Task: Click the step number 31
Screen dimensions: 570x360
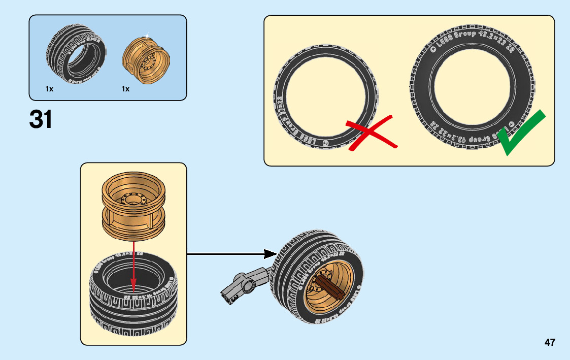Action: pyautogui.click(x=41, y=120)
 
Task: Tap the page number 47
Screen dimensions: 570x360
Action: pyautogui.click(x=550, y=342)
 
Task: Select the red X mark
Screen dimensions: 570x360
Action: pyautogui.click(x=371, y=133)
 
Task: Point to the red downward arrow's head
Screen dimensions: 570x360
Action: pyautogui.click(x=133, y=286)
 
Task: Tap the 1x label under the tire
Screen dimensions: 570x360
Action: pyautogui.click(x=49, y=89)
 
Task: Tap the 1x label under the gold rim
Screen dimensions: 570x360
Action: pyautogui.click(x=125, y=89)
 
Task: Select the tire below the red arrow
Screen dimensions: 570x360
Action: pyautogui.click(x=133, y=300)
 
